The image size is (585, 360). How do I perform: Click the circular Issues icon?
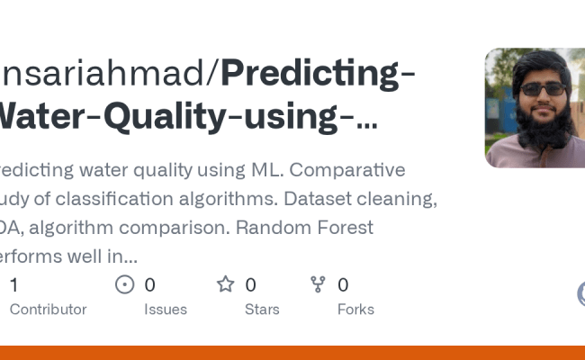pyautogui.click(x=125, y=285)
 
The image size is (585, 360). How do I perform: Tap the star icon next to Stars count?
pyautogui.click(x=225, y=285)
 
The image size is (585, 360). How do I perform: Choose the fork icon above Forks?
pyautogui.click(x=318, y=285)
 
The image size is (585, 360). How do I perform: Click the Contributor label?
pyautogui.click(x=48, y=310)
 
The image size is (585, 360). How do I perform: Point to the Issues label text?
pyautogui.click(x=166, y=310)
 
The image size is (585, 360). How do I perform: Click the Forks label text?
pyautogui.click(x=355, y=310)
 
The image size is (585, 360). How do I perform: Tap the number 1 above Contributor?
pyautogui.click(x=13, y=285)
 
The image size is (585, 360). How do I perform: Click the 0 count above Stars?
pyautogui.click(x=250, y=285)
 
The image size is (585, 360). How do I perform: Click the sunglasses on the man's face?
pyautogui.click(x=542, y=89)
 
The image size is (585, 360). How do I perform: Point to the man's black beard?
pyautogui.click(x=545, y=130)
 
